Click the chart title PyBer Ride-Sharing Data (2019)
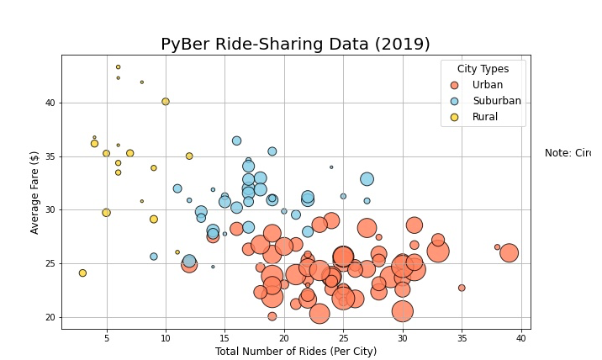click(295, 45)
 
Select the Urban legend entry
click(488, 85)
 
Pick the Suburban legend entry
click(496, 101)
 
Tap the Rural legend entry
click(484, 117)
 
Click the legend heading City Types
click(483, 68)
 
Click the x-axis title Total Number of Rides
click(295, 352)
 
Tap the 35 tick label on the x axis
click(462, 337)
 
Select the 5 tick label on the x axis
click(106, 337)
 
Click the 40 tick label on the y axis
click(49, 103)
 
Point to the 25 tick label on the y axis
click(49, 263)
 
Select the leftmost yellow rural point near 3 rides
click(82, 273)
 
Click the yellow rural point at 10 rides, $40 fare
click(166, 102)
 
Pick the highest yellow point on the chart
click(118, 67)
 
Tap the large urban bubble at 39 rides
click(509, 253)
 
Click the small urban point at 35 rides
click(462, 288)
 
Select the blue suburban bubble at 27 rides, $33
click(367, 179)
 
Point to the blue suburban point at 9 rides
click(154, 257)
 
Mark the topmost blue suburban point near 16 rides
click(236, 140)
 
